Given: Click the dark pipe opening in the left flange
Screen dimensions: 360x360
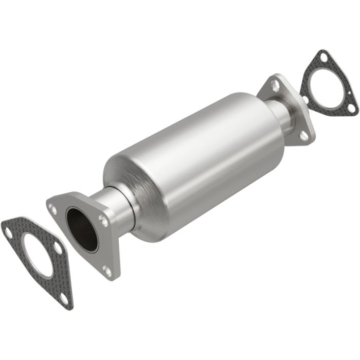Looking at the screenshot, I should pos(82,228).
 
